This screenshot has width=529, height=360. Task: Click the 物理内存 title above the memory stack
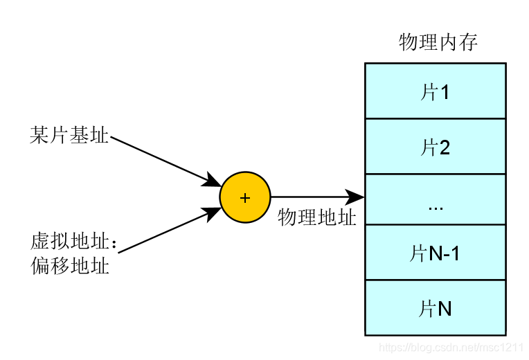pyautogui.click(x=438, y=43)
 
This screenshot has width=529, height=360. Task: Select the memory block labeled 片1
pyautogui.click(x=435, y=91)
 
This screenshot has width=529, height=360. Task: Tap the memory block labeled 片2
pyautogui.click(x=435, y=146)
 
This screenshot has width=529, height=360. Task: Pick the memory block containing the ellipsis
pyautogui.click(x=435, y=199)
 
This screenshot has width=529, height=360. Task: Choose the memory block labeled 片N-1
pyautogui.click(x=435, y=253)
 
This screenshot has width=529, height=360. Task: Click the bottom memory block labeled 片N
pyautogui.click(x=435, y=308)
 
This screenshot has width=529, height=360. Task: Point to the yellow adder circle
pyautogui.click(x=244, y=197)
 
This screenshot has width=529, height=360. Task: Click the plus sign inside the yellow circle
pyautogui.click(x=244, y=198)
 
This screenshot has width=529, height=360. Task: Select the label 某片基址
pyautogui.click(x=69, y=136)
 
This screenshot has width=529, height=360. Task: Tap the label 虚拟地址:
pyautogui.click(x=73, y=242)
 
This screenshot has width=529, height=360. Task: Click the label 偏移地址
pyautogui.click(x=69, y=265)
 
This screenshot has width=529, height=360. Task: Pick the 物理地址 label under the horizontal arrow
pyautogui.click(x=316, y=218)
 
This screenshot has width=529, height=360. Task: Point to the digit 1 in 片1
pyautogui.click(x=444, y=91)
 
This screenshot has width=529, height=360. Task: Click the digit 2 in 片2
pyautogui.click(x=444, y=147)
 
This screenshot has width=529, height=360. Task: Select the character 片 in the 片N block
pyautogui.click(x=427, y=308)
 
